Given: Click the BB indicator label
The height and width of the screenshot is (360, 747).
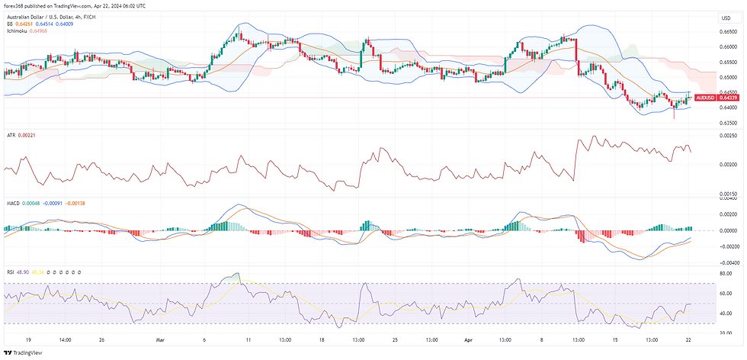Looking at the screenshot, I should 9,24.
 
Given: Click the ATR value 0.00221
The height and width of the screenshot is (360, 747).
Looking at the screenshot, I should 27,135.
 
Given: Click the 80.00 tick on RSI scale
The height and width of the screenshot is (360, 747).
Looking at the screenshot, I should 725,272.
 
